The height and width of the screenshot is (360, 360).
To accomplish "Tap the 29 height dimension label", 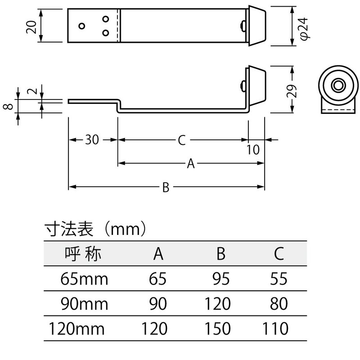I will point(292,92).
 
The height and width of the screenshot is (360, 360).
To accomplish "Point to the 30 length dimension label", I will point(92,140).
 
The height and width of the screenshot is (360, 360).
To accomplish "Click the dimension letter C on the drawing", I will point(181,140).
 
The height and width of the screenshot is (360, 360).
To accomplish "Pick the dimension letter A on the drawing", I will point(190,165).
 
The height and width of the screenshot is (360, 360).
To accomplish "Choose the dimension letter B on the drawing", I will point(166,188).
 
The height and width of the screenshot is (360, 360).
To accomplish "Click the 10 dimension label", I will point(254,150).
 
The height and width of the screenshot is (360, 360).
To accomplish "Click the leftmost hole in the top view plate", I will point(81,26).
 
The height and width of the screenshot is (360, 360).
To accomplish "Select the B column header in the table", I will point(220,254).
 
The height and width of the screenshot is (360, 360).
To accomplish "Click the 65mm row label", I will point(84,279).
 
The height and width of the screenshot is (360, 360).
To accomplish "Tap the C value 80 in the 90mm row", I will point(279,304).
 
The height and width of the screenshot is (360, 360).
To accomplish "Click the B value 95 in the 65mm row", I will point(220,279).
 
